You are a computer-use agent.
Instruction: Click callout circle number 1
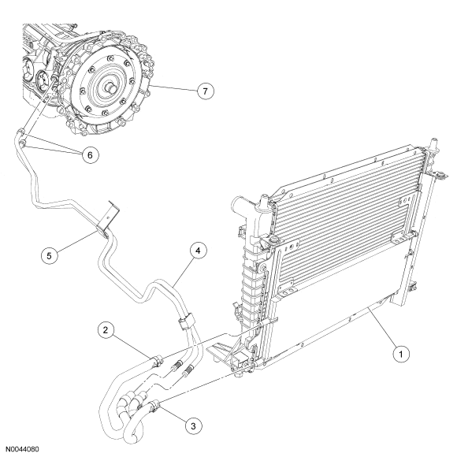401,354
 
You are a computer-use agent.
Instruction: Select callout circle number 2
106,330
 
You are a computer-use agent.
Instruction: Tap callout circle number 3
194,426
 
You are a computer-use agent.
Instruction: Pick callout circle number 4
198,251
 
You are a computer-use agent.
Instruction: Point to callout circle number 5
50,255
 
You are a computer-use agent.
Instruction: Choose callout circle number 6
90,155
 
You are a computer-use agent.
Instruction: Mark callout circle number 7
205,91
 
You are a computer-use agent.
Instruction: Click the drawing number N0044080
23,449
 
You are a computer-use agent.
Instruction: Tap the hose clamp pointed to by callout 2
157,361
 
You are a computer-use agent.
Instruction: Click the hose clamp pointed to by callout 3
154,407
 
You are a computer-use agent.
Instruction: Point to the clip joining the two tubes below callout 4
185,320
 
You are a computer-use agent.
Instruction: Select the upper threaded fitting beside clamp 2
176,365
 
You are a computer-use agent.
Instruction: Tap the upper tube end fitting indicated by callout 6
20,132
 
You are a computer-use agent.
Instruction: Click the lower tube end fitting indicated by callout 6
22,143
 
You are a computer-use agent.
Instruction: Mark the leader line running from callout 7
173,88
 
